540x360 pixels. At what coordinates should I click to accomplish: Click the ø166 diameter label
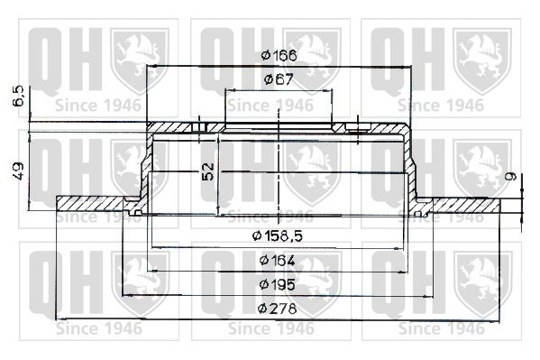tap(279, 55)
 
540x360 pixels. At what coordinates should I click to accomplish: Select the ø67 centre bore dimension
tap(279, 80)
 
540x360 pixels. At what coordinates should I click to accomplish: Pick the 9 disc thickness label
tap(511, 176)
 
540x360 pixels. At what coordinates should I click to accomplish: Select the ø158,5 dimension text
tap(278, 236)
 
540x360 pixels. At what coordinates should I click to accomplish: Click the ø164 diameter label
tap(278, 261)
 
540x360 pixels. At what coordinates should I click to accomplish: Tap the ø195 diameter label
tap(278, 284)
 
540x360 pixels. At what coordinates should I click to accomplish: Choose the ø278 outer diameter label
tap(278, 309)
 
